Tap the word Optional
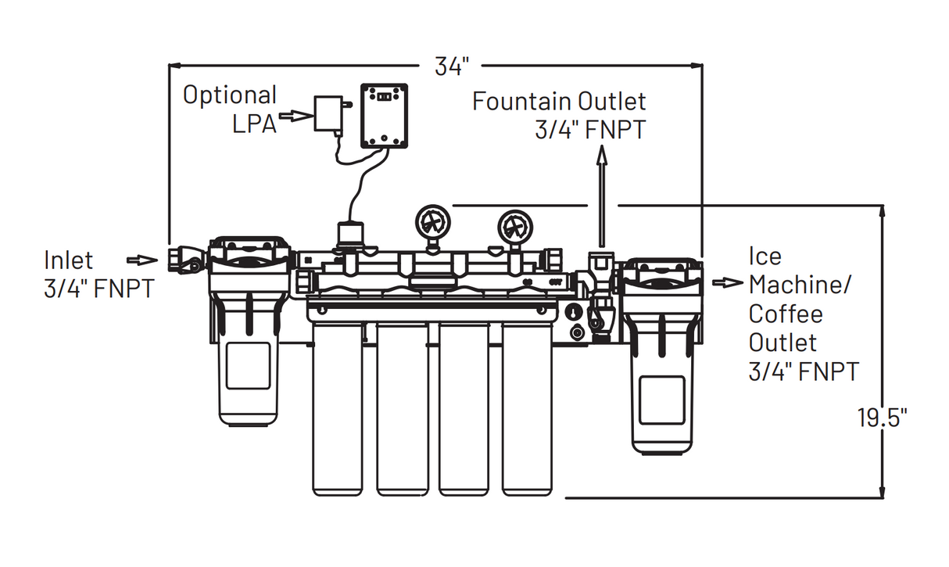229,95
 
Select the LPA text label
254,124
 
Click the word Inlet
68,260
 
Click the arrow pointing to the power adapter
295,116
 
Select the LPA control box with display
385,116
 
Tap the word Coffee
785,314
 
